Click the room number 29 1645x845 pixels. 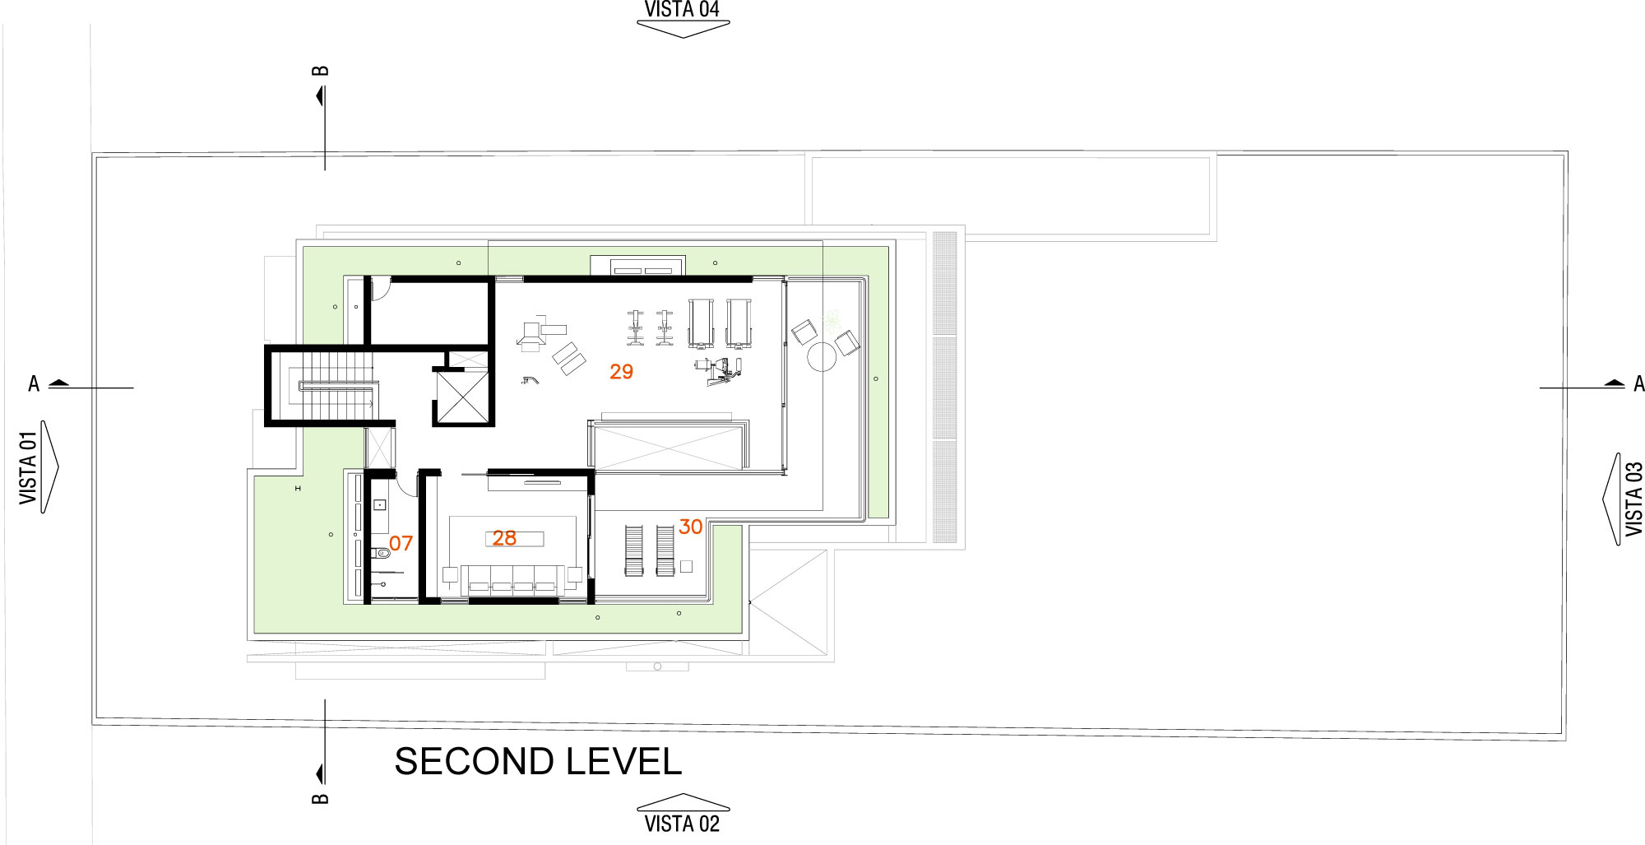pos(621,372)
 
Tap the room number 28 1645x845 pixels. pos(504,538)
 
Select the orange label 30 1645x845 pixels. pos(691,527)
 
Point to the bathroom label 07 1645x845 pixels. pos(401,543)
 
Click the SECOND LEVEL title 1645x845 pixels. pos(539,762)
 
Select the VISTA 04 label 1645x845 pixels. pos(682,10)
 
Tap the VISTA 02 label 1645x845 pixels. pos(682,824)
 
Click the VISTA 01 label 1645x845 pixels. pos(29,467)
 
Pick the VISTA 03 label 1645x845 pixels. pos(1633,499)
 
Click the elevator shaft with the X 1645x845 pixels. pos(461,397)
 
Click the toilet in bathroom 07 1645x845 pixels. pos(381,552)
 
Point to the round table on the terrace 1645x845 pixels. pos(821,357)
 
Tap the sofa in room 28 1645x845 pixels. pos(512,580)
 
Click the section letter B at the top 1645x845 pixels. pos(321,71)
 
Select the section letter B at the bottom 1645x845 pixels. pos(321,798)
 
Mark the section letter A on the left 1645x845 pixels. pos(34,384)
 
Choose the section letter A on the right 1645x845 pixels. pos(1638,384)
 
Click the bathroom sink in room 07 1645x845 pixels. pos(380,504)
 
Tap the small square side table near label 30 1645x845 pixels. pos(687,566)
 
